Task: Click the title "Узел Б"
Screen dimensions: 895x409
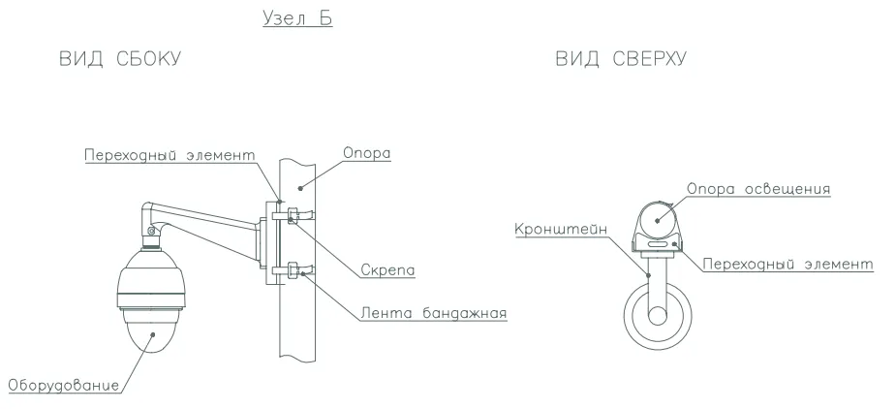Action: [x=297, y=17]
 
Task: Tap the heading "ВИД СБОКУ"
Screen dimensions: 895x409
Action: [x=120, y=59]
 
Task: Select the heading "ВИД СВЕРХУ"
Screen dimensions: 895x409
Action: [x=621, y=59]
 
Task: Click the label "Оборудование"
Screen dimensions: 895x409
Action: [x=64, y=385]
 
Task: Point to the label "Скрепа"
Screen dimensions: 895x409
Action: [x=387, y=269]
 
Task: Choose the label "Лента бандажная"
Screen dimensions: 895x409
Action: [x=434, y=313]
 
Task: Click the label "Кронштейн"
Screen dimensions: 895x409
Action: [x=561, y=229]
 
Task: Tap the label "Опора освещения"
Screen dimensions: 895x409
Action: [x=758, y=188]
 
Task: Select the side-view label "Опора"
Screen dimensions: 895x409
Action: [x=366, y=153]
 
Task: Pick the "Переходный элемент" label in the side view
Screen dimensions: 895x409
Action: [x=170, y=155]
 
